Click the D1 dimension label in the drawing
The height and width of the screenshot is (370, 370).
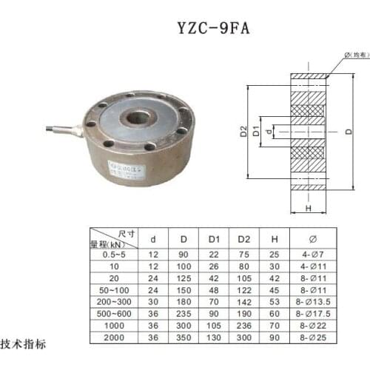coord(257,132)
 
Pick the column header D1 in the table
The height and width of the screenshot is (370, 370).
coord(213,239)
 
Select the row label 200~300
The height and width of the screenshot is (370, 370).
coord(113,303)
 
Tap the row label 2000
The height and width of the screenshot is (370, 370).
coord(113,338)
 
